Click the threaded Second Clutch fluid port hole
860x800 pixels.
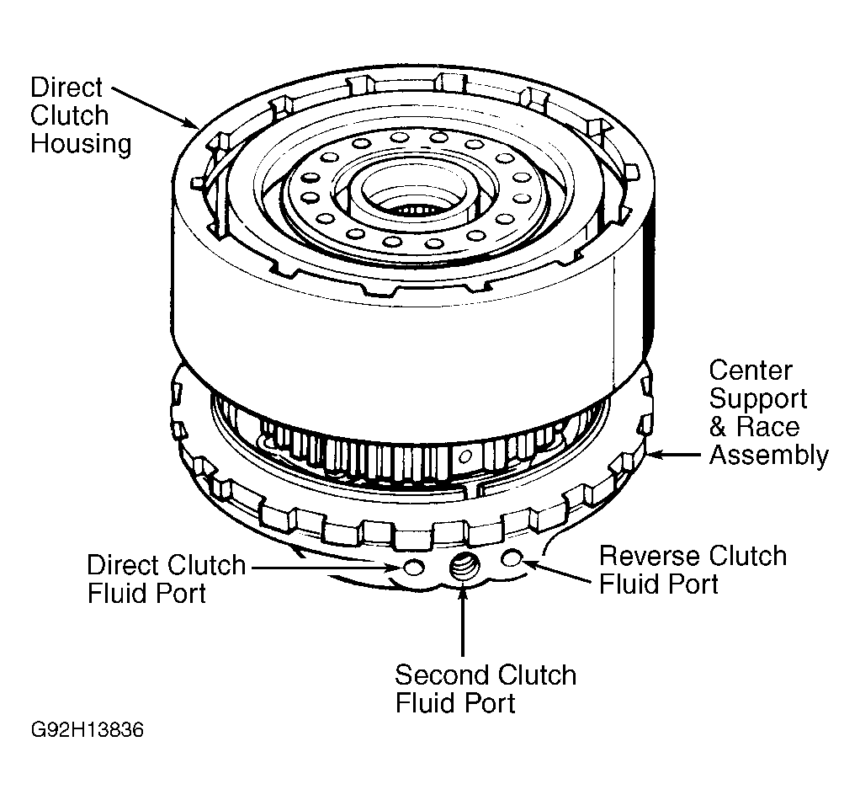(464, 567)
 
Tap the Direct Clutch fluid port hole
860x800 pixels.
(413, 567)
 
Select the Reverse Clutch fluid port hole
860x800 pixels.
(511, 558)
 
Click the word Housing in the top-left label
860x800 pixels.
(81, 144)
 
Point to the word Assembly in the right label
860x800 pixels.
(768, 456)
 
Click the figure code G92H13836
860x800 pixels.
(88, 730)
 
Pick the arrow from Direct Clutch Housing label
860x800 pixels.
(155, 107)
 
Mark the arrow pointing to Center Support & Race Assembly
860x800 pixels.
(674, 455)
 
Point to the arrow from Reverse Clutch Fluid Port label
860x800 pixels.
(557, 571)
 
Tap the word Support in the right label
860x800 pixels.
(758, 399)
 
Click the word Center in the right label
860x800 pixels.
(751, 371)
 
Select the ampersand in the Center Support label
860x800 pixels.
(718, 427)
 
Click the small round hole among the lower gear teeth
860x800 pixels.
(465, 456)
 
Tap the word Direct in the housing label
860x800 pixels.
(66, 88)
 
